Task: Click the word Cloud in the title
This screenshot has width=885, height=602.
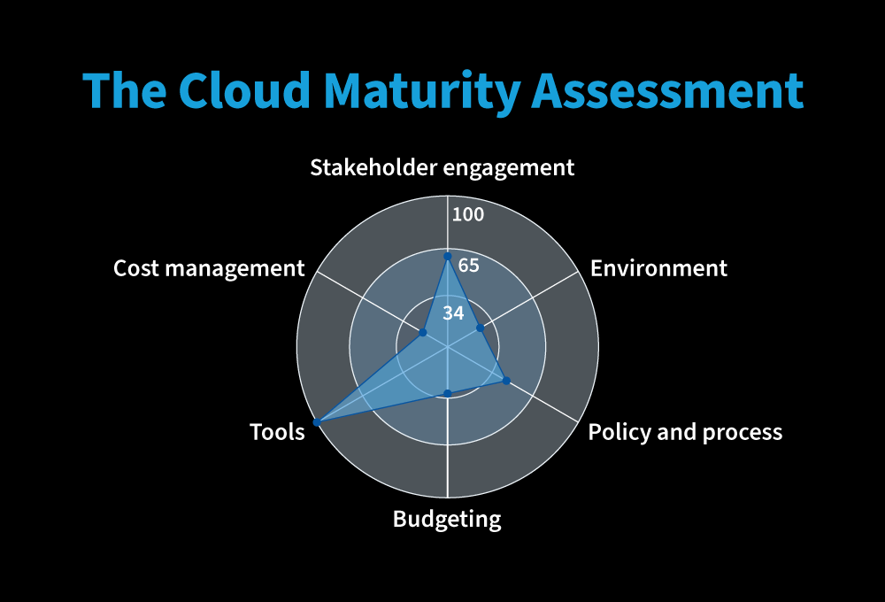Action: point(244,90)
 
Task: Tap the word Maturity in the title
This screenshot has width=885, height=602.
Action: point(423,93)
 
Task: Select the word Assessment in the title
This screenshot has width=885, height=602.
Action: point(667,90)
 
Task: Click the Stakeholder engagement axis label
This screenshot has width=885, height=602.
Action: point(442,167)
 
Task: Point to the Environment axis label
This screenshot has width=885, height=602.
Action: point(658,268)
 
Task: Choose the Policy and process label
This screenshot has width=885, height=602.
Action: point(685,432)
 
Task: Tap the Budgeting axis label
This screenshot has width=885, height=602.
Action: point(447,519)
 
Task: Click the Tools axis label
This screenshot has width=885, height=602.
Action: point(277,432)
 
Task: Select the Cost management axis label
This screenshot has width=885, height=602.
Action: point(209,268)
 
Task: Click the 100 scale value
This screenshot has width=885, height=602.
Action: point(468,214)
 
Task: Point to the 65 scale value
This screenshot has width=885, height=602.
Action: point(468,266)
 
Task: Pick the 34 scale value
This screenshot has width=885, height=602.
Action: point(453,313)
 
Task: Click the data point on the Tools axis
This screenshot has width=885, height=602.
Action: point(317,422)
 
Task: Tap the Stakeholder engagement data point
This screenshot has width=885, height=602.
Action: point(448,257)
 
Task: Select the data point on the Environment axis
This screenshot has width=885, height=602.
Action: point(481,328)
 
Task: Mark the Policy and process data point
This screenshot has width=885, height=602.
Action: point(506,381)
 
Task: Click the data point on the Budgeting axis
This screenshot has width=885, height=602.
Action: point(448,393)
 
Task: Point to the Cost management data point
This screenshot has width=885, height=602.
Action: point(423,332)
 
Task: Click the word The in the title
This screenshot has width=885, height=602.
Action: point(125,90)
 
